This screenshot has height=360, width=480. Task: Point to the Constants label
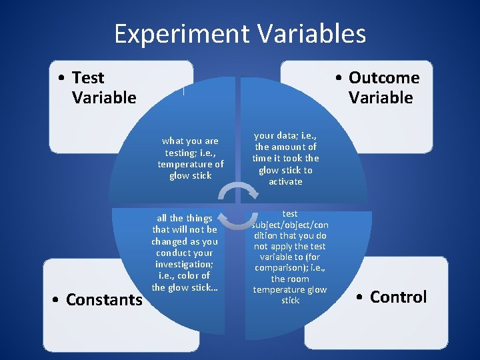point(104,300)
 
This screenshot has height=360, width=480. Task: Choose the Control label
point(398,297)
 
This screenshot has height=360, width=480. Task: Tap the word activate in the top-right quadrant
point(285,181)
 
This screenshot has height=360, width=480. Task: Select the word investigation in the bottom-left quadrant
point(184,264)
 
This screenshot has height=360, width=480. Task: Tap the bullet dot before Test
point(61,79)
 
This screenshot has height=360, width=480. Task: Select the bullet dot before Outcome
point(339,79)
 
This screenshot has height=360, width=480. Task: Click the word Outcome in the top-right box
point(384,78)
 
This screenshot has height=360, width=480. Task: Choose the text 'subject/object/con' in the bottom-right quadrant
point(290,225)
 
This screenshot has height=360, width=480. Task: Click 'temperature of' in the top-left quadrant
point(191,164)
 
